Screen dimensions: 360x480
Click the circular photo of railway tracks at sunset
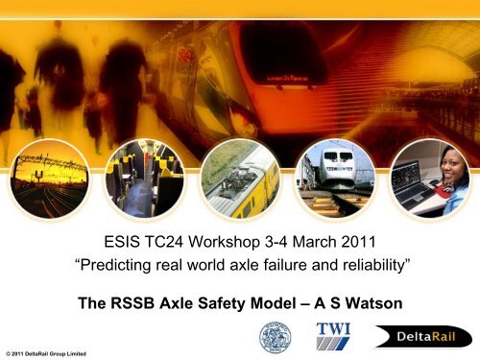point(48,168)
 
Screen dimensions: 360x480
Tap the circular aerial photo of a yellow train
point(238,168)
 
